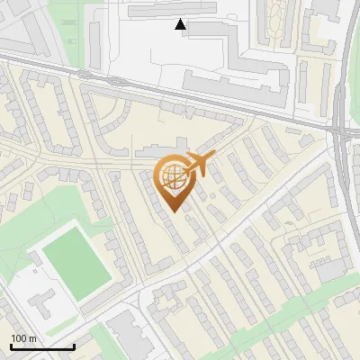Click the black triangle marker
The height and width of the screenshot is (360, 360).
click(182, 24)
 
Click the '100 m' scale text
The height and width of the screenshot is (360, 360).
click(24, 338)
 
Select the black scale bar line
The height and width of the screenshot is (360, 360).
click(42, 346)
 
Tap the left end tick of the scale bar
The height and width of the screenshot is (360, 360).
click(11, 346)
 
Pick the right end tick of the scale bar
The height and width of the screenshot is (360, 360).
click(74, 346)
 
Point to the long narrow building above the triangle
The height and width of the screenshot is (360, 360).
click(171, 10)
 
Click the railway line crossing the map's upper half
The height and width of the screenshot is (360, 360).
click(180, 94)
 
